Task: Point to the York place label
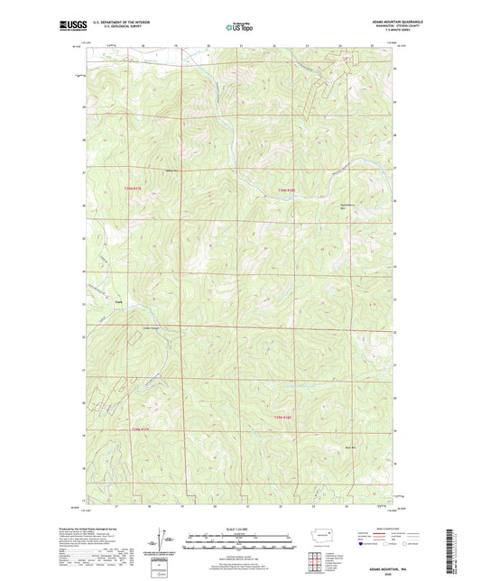pyautogui.click(x=117, y=301)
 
